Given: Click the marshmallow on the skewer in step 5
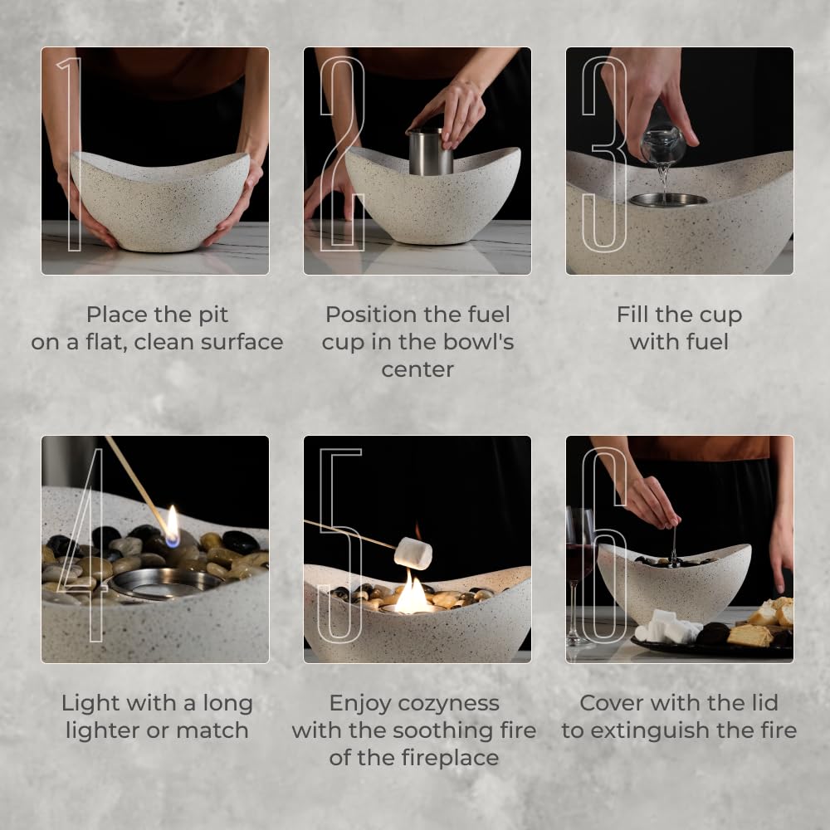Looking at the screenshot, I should coord(413,553).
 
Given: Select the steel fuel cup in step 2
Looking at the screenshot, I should coord(431,152).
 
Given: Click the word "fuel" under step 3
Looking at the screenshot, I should coord(703,342).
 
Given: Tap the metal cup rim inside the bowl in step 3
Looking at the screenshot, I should coord(667,199).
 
